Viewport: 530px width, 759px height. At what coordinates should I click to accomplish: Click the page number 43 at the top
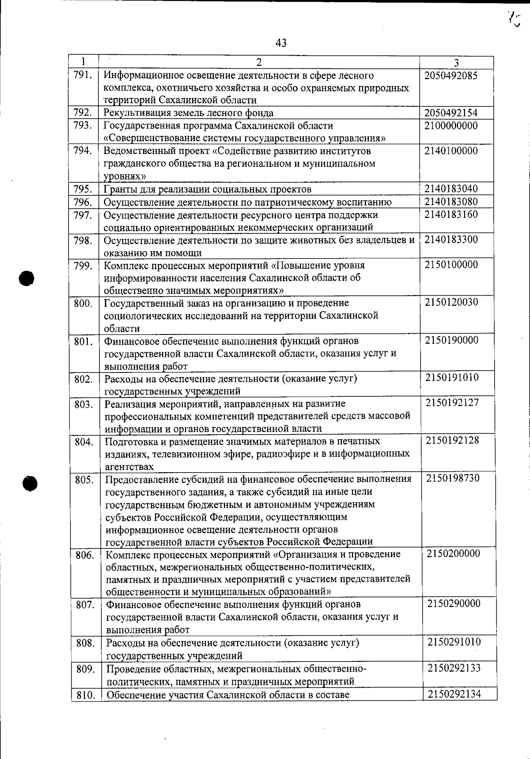point(281,43)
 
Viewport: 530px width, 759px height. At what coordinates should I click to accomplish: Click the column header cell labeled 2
point(259,62)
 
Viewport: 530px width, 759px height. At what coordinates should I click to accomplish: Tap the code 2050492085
point(450,75)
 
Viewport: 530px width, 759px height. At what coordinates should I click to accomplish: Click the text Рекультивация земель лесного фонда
point(188,113)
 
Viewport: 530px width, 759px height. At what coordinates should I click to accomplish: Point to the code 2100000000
point(450,126)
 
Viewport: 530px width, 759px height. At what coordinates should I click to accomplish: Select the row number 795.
point(83,189)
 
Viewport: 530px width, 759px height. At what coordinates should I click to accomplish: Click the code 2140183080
point(450,202)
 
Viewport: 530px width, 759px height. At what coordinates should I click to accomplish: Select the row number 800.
point(83,303)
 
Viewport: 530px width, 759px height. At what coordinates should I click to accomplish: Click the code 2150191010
point(452,378)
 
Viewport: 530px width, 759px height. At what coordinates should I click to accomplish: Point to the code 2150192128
point(452,441)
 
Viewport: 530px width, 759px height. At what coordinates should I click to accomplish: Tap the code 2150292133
point(454,668)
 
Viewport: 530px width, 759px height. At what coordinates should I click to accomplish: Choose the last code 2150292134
point(454,695)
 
